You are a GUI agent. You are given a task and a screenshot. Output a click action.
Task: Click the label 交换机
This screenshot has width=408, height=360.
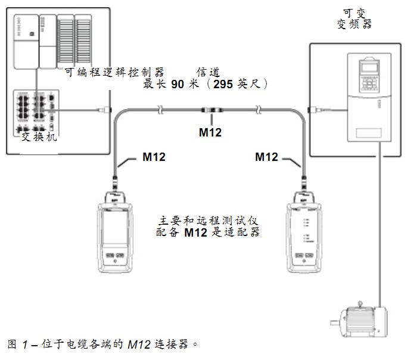39,136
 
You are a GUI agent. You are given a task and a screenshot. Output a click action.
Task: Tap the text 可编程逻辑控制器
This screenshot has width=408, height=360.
114,72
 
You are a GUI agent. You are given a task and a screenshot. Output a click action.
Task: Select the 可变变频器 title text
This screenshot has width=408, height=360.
354,18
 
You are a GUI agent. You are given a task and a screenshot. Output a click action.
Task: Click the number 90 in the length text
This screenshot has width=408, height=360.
177,84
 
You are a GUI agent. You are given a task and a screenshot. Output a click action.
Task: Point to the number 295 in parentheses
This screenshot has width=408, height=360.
223,84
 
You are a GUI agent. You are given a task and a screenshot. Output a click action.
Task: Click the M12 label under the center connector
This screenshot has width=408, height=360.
210,132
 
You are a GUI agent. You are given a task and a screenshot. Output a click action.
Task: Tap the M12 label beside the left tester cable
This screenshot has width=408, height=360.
154,157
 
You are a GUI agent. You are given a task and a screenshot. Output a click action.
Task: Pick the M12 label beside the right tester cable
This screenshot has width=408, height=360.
267,157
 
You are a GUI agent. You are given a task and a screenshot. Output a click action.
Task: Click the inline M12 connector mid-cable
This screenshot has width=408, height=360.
212,110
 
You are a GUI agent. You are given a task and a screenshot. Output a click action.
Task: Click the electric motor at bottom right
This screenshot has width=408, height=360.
359,319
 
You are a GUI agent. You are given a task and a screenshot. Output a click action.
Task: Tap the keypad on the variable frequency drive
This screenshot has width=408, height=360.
369,84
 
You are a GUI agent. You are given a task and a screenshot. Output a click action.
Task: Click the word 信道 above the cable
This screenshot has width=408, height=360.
208,72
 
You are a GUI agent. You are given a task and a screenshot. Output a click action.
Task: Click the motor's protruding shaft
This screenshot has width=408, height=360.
335,323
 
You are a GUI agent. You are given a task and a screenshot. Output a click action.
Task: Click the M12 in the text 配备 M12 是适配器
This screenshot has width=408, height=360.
196,232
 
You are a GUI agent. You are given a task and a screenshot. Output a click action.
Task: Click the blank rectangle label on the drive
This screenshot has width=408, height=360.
369,133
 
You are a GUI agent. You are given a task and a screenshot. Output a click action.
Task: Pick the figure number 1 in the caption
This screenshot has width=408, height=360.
25,345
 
